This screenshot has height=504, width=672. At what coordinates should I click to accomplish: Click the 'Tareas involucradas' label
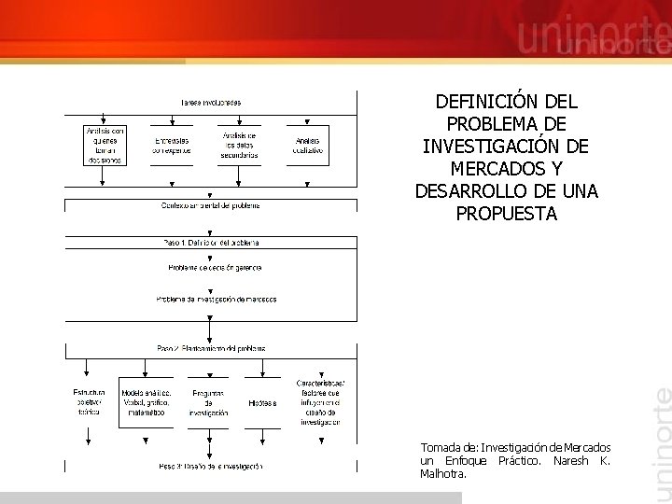point(210,102)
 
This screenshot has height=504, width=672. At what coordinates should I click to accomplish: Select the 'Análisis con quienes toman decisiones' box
point(105,146)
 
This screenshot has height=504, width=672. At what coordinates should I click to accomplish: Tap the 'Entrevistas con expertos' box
point(173,146)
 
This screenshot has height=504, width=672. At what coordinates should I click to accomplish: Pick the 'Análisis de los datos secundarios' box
point(240,146)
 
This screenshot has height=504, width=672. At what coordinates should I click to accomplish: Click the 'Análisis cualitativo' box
point(307,146)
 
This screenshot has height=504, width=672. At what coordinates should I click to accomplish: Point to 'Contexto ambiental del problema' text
point(210,205)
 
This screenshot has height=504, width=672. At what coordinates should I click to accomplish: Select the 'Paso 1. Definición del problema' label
point(211,243)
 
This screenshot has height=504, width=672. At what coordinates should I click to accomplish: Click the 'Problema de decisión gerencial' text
point(215,268)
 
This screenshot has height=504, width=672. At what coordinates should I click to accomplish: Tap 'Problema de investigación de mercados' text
point(216,300)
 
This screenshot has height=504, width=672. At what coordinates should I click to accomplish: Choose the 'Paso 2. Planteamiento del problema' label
point(211,348)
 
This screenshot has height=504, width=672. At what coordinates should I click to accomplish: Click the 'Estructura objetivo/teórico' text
point(89,401)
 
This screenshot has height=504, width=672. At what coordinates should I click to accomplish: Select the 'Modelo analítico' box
point(147,402)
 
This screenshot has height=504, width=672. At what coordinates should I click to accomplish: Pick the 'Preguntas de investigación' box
point(208,402)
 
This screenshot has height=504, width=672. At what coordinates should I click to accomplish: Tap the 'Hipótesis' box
point(262,403)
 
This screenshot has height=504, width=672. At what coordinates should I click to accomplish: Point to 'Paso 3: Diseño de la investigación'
point(210,466)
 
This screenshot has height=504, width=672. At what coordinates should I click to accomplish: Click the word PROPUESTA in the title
point(507,214)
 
